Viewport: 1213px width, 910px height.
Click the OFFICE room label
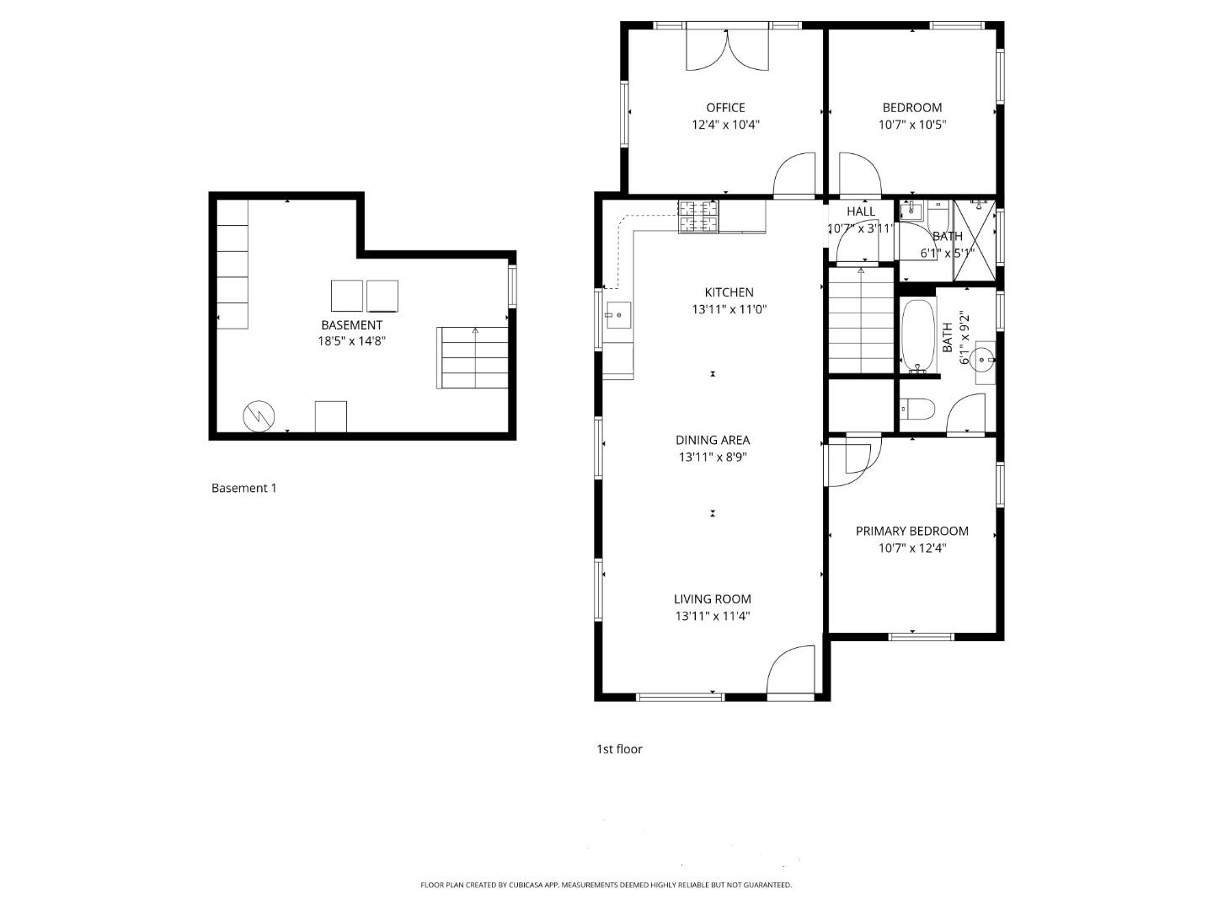(x=725, y=108)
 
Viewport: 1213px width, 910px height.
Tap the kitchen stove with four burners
(x=698, y=217)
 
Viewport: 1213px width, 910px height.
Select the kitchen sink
(x=617, y=315)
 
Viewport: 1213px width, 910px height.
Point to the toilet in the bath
(x=916, y=410)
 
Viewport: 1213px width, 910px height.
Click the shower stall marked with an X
(x=975, y=240)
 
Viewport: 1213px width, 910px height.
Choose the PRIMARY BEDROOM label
(x=911, y=531)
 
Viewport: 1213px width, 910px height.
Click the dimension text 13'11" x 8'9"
(x=713, y=458)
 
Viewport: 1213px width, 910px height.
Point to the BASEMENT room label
(x=351, y=325)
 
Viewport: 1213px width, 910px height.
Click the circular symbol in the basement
(x=259, y=416)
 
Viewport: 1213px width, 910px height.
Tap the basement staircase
(x=473, y=358)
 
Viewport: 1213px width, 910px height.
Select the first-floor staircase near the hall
(x=861, y=319)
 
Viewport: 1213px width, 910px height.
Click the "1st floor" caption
(x=619, y=749)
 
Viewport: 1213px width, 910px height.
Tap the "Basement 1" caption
(x=243, y=488)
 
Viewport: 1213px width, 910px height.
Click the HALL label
(x=861, y=211)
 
